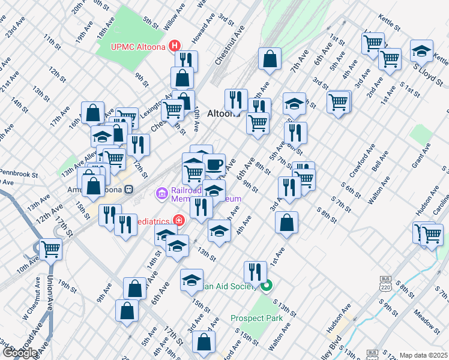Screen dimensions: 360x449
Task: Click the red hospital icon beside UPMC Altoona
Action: pyautogui.click(x=175, y=46)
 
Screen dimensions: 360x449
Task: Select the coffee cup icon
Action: pyautogui.click(x=214, y=164)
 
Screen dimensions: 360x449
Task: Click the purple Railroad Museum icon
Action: pyautogui.click(x=161, y=193)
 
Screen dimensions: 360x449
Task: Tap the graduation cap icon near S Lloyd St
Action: pyautogui.click(x=421, y=50)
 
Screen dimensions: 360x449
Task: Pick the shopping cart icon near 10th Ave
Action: pyautogui.click(x=50, y=248)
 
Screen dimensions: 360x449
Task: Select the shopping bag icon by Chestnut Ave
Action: pyautogui.click(x=270, y=58)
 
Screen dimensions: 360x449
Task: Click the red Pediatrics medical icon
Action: pyautogui.click(x=178, y=221)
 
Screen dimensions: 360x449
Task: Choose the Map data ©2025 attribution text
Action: pyautogui.click(x=423, y=355)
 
